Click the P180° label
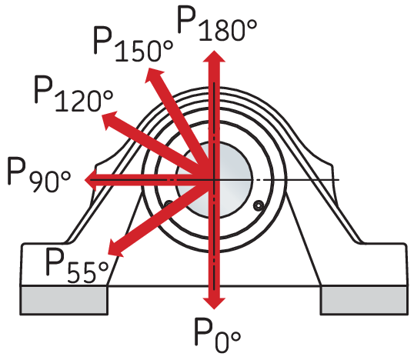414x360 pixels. tap(217, 24)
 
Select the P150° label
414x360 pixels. tap(133, 45)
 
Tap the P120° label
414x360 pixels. tap(74, 94)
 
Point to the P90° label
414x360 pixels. tap(39, 175)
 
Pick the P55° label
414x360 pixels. tap(77, 266)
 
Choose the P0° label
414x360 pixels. tap(217, 335)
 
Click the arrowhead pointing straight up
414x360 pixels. tap(214, 56)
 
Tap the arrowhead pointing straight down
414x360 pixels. tap(214, 303)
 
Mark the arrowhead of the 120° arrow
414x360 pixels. tap(109, 120)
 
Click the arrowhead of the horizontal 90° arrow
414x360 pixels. tap(90, 180)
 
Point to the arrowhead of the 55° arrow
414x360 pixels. tap(115, 248)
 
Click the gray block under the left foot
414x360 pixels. tap(64, 300)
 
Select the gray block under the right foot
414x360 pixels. tap(364, 300)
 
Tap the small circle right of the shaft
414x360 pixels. tap(259, 205)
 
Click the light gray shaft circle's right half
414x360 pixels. tap(233, 180)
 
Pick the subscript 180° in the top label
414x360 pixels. tap(228, 31)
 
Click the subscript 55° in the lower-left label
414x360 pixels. tap(88, 273)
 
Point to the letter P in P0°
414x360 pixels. tap(204, 332)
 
